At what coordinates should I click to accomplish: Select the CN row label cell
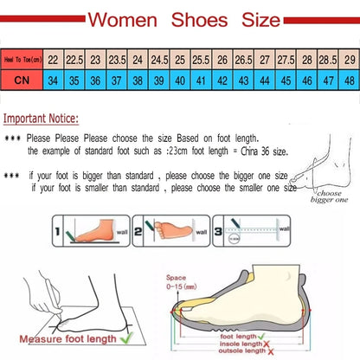click(23, 80)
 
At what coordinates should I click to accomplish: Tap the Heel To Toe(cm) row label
click(23, 59)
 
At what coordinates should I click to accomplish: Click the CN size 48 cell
click(349, 80)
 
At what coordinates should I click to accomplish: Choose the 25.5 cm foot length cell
click(202, 59)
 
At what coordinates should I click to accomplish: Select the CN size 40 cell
click(181, 80)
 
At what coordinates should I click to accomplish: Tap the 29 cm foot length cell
click(349, 59)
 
